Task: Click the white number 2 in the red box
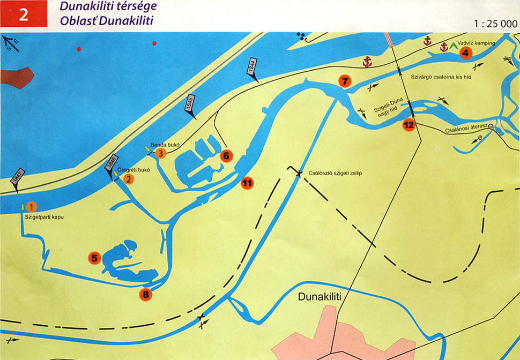point(24,14)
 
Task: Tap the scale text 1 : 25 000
point(496,24)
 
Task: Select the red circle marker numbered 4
point(465,52)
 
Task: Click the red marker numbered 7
point(345,82)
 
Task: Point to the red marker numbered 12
point(409,125)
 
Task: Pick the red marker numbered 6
point(226,156)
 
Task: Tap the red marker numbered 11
point(247,183)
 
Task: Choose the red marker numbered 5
point(94,258)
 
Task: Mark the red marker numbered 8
point(145,294)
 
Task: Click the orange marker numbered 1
point(32,206)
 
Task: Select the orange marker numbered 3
point(161,154)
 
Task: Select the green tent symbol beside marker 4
point(454,46)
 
